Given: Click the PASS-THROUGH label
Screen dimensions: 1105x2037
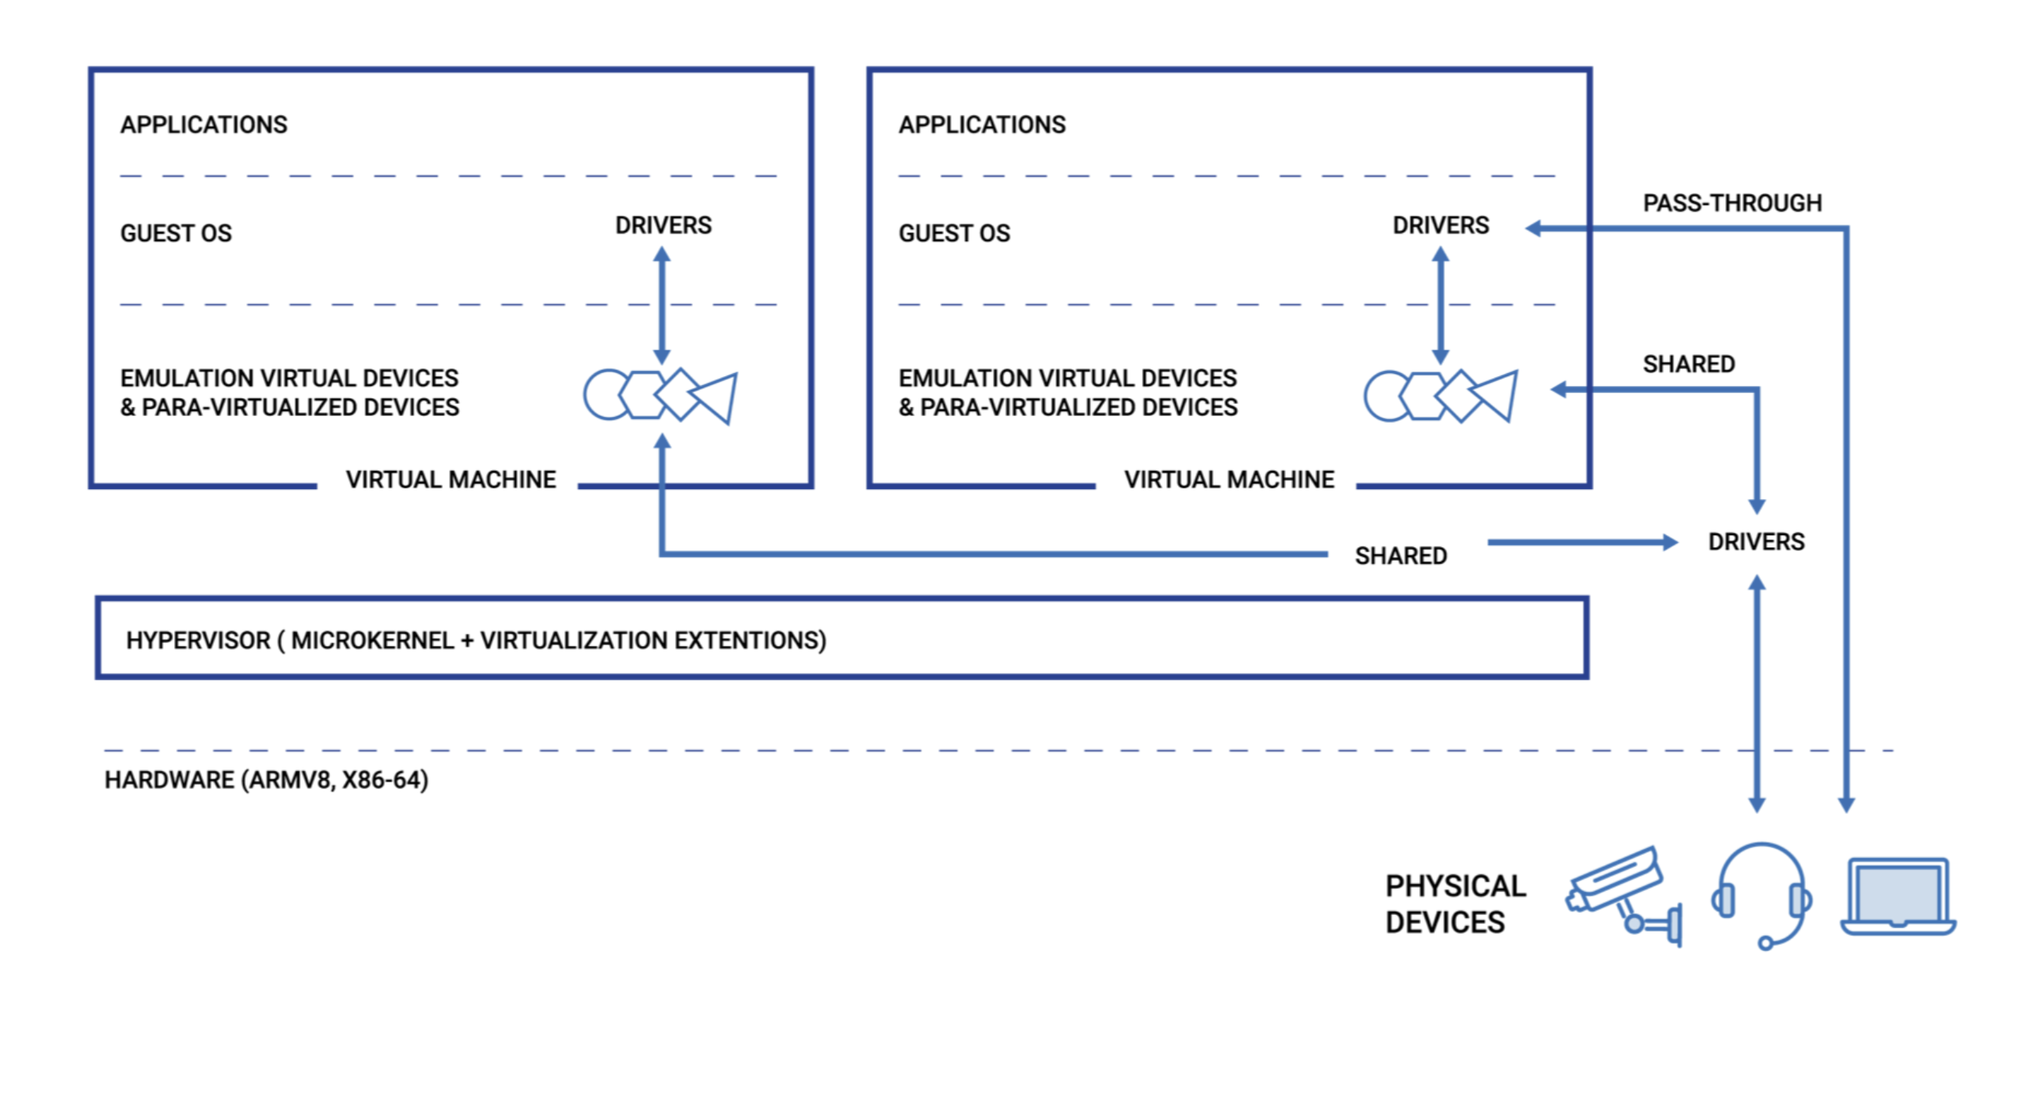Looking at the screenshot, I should (1732, 204).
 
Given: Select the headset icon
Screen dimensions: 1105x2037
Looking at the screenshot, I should (1761, 894).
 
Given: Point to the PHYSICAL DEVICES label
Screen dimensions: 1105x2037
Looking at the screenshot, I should (1455, 904).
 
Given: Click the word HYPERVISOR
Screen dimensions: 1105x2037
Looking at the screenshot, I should (197, 640).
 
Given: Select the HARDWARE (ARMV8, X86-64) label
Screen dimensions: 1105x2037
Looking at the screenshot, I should (267, 780).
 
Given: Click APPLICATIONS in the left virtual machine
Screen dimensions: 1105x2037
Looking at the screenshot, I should (203, 125).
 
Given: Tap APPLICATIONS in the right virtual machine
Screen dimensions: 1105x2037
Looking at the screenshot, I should (982, 125).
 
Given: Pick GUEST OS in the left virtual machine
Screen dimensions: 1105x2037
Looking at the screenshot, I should (176, 234).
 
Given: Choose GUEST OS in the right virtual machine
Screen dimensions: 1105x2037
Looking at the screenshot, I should (954, 234).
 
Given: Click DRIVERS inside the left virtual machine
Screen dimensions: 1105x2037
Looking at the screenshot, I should (663, 225).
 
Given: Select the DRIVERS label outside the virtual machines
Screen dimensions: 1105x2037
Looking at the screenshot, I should (1755, 542).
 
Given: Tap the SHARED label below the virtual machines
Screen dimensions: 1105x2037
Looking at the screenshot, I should (1400, 556).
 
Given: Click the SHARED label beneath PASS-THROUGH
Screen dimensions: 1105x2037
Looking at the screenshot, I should (1688, 364).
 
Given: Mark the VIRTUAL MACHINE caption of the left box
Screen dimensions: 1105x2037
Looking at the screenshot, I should (450, 479).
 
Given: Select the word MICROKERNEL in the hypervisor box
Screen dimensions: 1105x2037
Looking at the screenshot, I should (371, 640).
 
